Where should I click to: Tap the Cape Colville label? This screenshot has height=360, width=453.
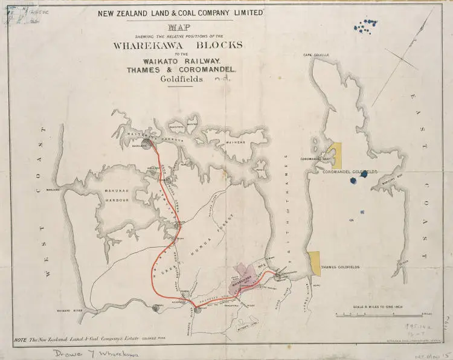[x=317, y=55]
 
